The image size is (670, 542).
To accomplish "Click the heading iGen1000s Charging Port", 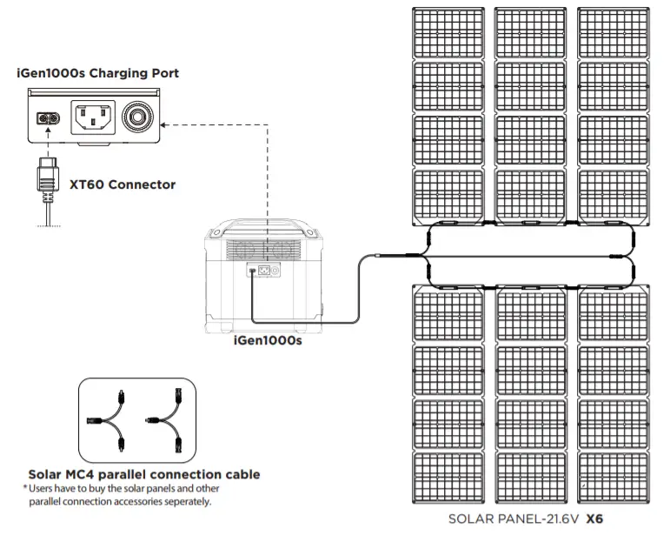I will tap(97, 74).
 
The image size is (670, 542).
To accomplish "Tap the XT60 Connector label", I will tap(123, 184).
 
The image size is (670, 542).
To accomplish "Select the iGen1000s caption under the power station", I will tap(268, 342).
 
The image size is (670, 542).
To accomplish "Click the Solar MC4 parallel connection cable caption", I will tap(144, 475).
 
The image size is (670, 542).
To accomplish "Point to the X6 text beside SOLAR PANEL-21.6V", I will tap(594, 520).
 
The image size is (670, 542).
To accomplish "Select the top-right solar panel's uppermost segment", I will tap(613, 32).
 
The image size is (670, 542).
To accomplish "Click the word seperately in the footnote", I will tap(184, 502).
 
